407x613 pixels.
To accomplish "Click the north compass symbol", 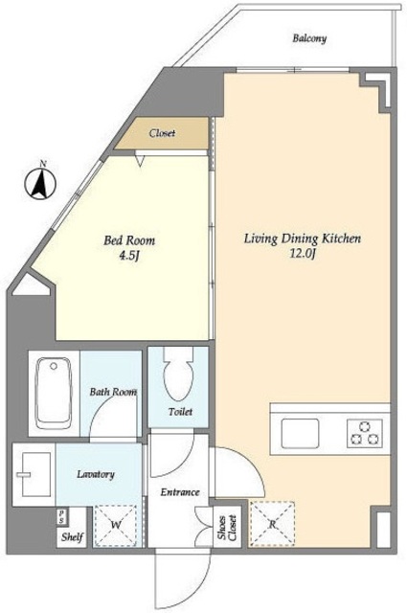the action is [40, 183].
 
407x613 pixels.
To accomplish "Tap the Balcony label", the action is [309, 38].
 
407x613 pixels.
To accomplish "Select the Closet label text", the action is [162, 133].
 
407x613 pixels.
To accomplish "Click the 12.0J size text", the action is [303, 254].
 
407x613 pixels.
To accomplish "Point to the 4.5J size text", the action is [129, 256].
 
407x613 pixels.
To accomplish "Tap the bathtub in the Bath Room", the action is [54, 394].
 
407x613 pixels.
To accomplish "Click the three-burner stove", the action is [365, 433].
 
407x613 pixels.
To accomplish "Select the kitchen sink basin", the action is [300, 433].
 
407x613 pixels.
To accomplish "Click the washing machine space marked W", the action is [115, 525].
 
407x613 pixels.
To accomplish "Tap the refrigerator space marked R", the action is [272, 523].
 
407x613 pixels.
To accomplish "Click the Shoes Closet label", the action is [228, 528].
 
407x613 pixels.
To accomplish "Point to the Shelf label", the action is [72, 536].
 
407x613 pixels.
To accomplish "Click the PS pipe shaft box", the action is [61, 516].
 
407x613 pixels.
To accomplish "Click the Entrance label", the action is [180, 491].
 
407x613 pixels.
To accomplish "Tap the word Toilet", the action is [180, 411].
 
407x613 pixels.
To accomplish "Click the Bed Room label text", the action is [129, 240].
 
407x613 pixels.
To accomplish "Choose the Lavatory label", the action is [96, 474].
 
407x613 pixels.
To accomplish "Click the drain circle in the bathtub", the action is [54, 366].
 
